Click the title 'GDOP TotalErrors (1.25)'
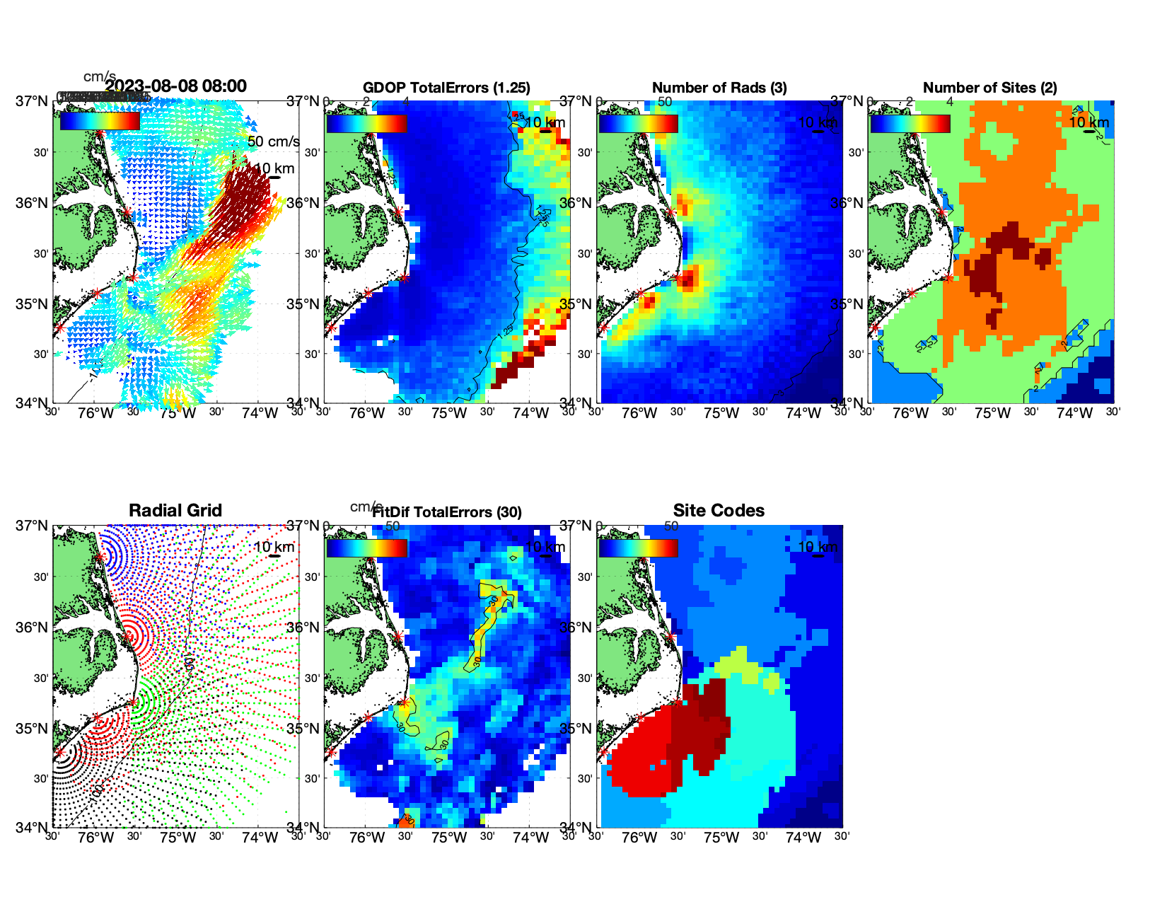(x=446, y=88)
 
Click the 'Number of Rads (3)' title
(x=719, y=88)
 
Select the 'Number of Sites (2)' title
(x=989, y=88)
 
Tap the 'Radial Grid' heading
(x=175, y=511)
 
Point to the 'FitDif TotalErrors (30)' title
(x=447, y=512)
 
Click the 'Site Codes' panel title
(x=719, y=511)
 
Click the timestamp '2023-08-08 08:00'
(x=175, y=86)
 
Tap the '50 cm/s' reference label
(x=273, y=141)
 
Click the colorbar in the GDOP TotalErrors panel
(x=366, y=123)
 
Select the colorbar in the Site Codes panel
(x=638, y=548)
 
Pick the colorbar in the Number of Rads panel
(x=638, y=123)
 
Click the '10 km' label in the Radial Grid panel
(x=274, y=547)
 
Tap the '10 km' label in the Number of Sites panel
(x=1088, y=122)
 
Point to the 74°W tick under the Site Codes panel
(x=803, y=838)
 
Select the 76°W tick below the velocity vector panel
(x=96, y=413)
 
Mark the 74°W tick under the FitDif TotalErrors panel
(x=531, y=838)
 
